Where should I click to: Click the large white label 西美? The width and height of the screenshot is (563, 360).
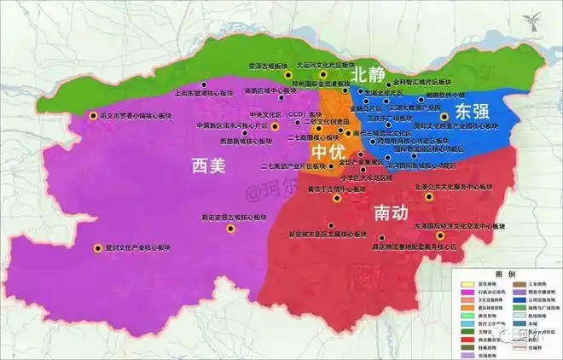point(209,165)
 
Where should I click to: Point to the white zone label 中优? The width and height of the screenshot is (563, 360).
point(327,152)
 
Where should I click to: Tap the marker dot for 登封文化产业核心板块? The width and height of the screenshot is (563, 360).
point(96,248)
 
